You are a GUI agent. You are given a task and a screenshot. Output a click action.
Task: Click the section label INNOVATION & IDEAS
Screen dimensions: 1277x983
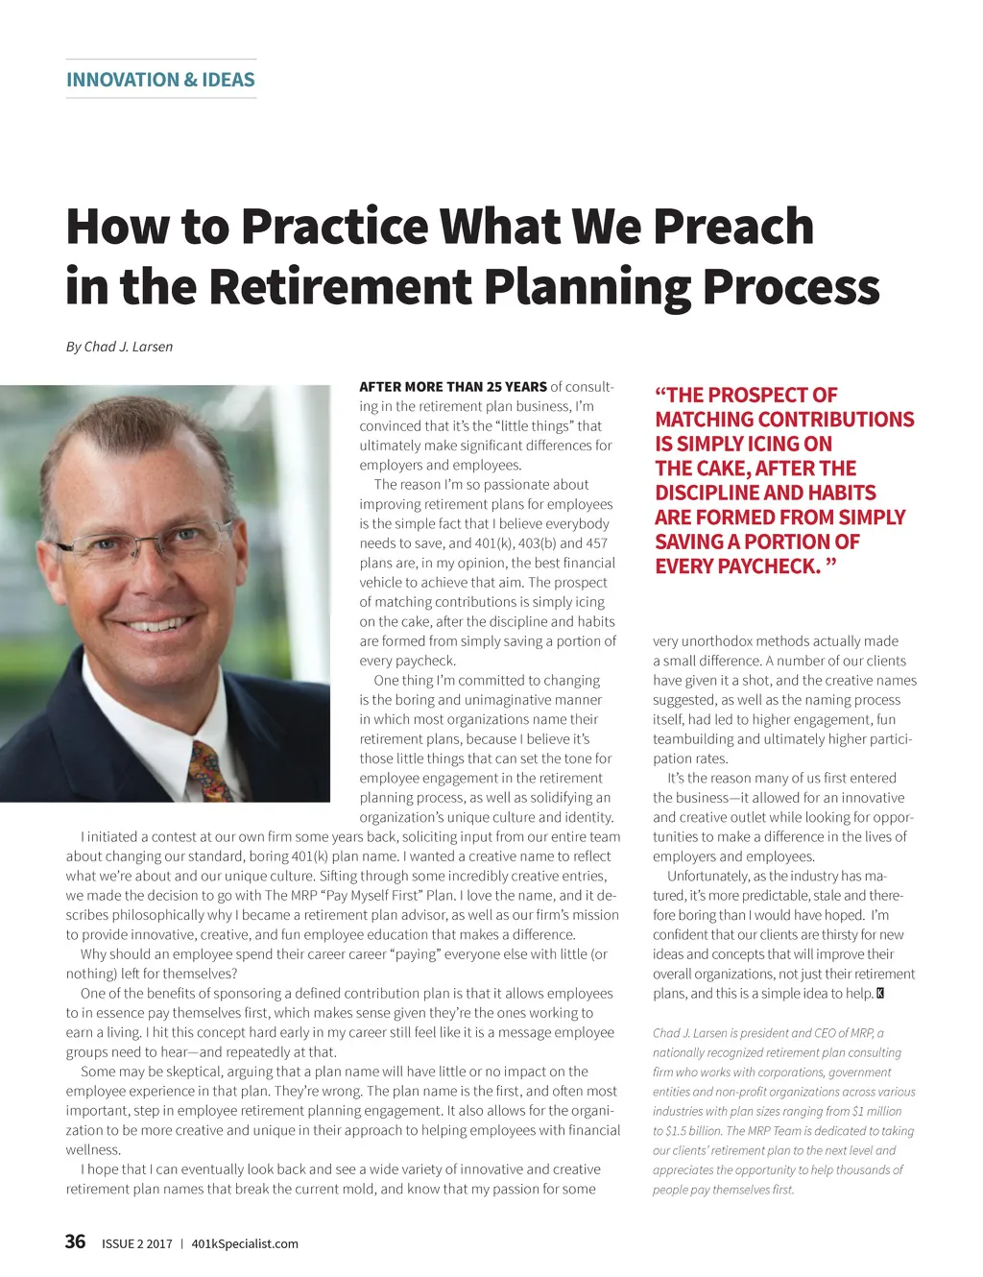click(x=160, y=80)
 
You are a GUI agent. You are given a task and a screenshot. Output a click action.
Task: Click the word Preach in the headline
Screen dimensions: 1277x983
click(x=733, y=227)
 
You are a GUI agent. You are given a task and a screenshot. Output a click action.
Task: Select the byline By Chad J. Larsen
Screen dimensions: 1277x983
click(x=119, y=347)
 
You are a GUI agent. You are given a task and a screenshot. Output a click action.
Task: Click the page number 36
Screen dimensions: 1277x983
click(x=75, y=1241)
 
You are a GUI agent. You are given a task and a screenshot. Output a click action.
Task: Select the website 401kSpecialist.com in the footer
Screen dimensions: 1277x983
click(x=245, y=1243)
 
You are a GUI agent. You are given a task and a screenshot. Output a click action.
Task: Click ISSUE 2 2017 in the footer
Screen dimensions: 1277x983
click(x=137, y=1243)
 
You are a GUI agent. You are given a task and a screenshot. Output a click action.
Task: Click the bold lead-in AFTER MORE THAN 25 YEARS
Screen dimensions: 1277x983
click(x=453, y=387)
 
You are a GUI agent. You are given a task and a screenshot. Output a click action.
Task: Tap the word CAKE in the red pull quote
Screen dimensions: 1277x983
click(x=720, y=469)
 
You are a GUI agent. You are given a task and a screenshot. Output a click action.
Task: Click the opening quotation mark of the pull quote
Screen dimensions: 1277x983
click(x=660, y=396)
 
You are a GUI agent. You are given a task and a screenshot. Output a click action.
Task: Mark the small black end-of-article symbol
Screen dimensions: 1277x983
click(x=880, y=993)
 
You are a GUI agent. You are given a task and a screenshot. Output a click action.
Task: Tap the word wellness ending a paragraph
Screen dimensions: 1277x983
click(x=93, y=1149)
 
